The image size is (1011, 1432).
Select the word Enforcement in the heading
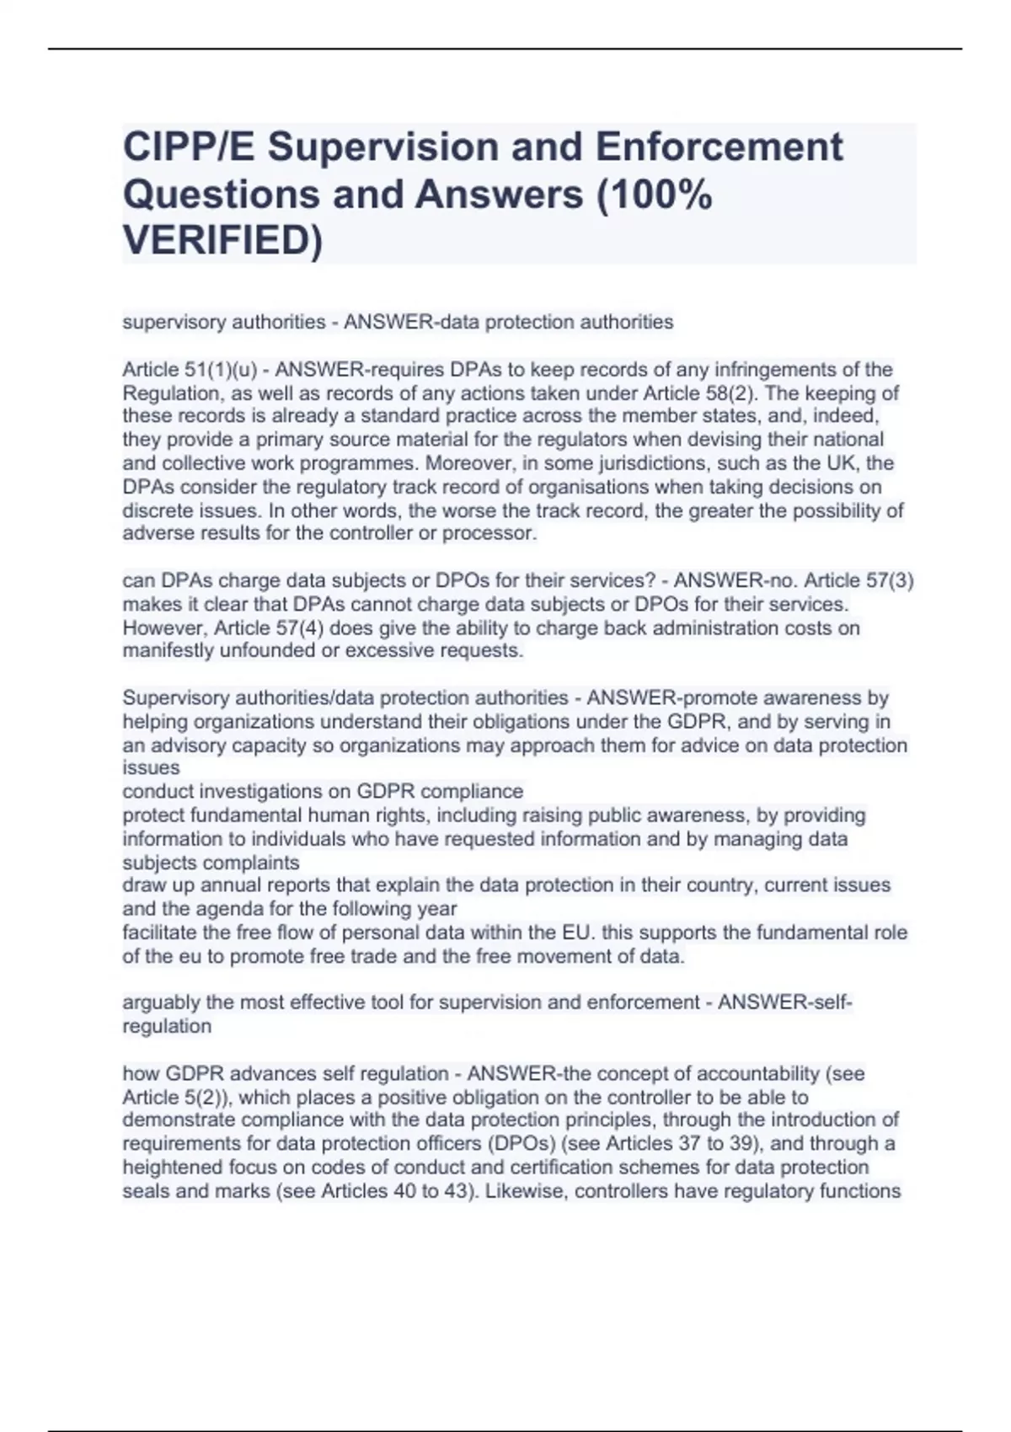719,147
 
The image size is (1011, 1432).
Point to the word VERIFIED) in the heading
222,241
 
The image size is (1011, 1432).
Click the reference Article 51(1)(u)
185,370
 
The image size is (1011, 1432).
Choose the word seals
145,1191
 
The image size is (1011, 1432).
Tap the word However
163,628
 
